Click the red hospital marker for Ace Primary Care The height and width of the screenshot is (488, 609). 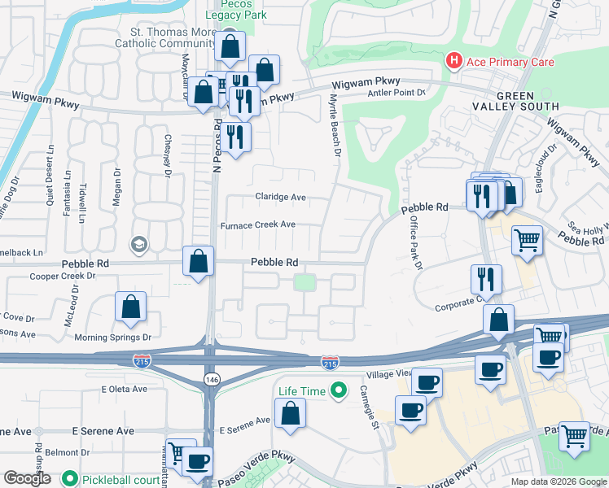[x=452, y=62]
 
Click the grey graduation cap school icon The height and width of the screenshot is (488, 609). [x=138, y=243]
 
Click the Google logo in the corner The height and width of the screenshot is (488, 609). [x=27, y=478]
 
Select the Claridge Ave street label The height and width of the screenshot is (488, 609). [x=279, y=198]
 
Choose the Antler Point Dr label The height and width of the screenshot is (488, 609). [x=397, y=93]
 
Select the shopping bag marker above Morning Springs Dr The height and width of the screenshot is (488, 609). [x=130, y=308]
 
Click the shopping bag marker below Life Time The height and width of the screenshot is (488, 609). [x=290, y=414]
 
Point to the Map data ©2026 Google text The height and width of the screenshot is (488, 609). [x=558, y=481]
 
